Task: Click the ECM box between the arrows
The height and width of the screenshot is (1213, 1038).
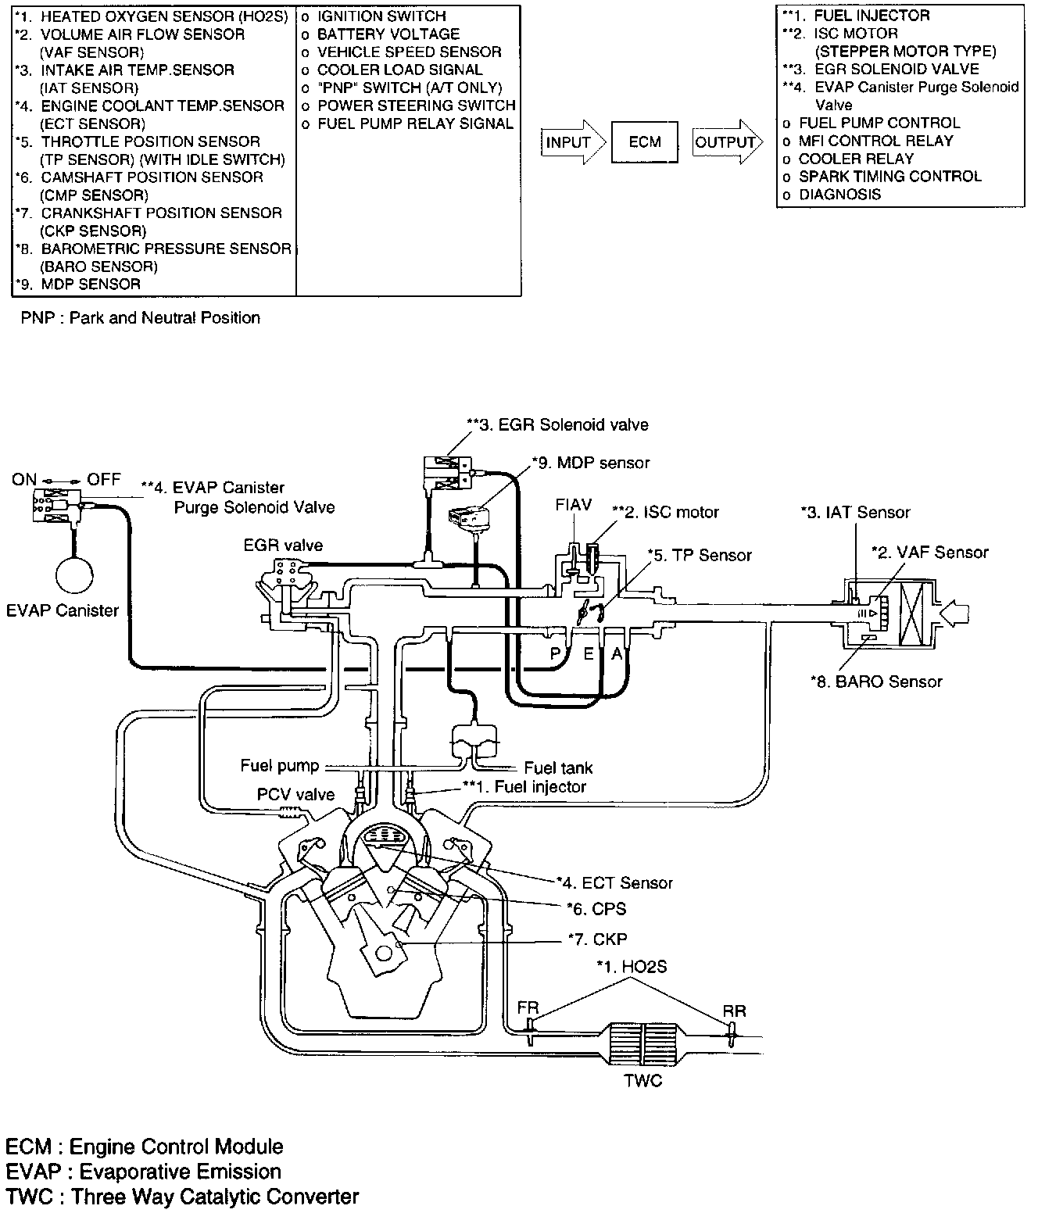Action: pyautogui.click(x=645, y=142)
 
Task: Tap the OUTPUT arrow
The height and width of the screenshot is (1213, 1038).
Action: pyautogui.click(x=726, y=142)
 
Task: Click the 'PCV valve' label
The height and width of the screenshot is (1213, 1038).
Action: pyautogui.click(x=295, y=795)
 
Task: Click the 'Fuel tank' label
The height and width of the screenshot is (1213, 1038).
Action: pyautogui.click(x=558, y=768)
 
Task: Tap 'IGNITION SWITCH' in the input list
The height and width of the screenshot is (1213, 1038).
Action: pyautogui.click(x=381, y=16)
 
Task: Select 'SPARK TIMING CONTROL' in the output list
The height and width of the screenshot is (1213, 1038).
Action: pyautogui.click(x=889, y=177)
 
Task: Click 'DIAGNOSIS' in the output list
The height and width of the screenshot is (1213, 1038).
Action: pyautogui.click(x=839, y=195)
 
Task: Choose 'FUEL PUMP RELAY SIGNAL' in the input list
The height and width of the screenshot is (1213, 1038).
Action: pyautogui.click(x=415, y=123)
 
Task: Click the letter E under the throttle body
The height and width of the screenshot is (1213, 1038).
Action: pyautogui.click(x=589, y=653)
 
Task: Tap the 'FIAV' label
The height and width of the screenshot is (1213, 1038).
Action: pyautogui.click(x=574, y=505)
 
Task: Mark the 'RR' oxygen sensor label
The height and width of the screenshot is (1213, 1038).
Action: pyautogui.click(x=734, y=1011)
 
